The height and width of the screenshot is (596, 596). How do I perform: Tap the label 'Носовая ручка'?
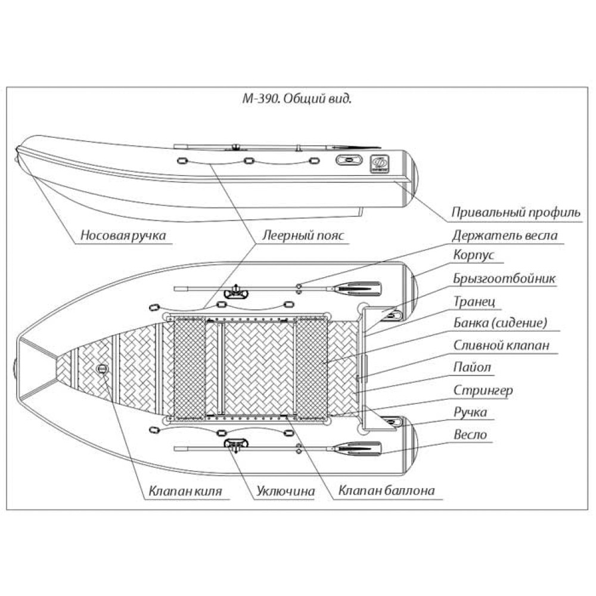pyautogui.click(x=123, y=235)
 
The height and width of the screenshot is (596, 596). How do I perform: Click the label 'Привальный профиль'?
pyautogui.click(x=516, y=212)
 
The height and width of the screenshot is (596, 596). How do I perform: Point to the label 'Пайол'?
pyautogui.click(x=473, y=368)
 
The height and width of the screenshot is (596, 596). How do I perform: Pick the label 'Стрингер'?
pyautogui.click(x=483, y=390)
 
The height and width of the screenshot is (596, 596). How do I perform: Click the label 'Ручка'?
pyautogui.click(x=470, y=412)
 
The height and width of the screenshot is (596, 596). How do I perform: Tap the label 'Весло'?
pyautogui.click(x=470, y=434)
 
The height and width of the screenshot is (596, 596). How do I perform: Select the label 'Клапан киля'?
pyautogui.click(x=185, y=492)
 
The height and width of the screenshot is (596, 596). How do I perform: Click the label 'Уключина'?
pyautogui.click(x=285, y=492)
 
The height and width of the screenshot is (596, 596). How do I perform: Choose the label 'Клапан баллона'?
pyautogui.click(x=386, y=492)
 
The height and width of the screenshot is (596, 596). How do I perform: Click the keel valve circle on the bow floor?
pyautogui.click(x=102, y=370)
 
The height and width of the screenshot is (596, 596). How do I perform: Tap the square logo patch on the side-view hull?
pyautogui.click(x=378, y=162)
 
